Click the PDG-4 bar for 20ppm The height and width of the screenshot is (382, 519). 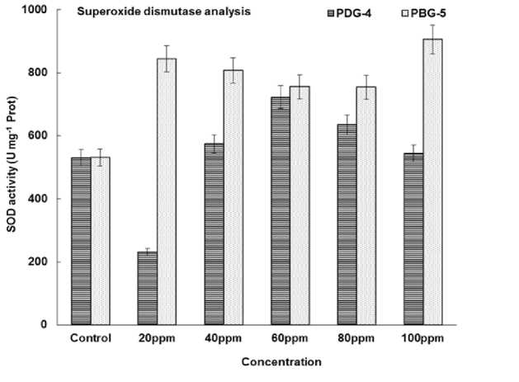pos(147,288)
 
